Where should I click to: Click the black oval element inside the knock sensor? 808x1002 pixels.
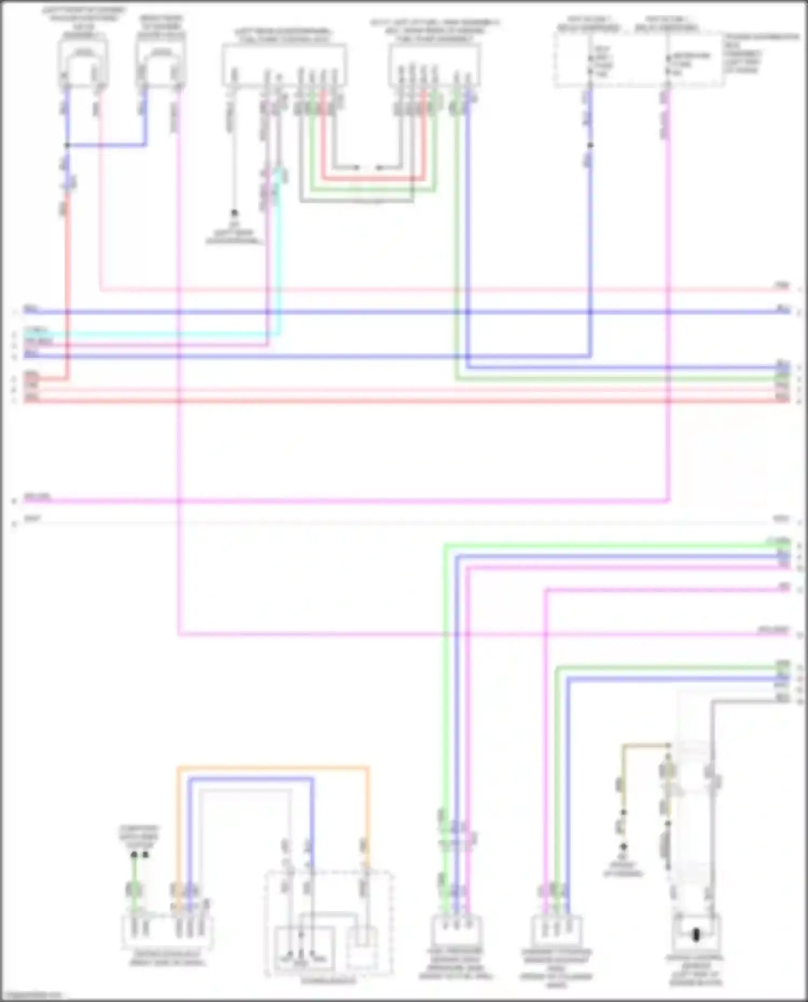(x=695, y=935)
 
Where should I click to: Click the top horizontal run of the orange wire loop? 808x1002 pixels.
(x=273, y=767)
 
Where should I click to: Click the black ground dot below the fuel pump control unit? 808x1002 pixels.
(x=234, y=213)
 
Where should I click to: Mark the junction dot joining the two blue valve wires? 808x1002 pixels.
(x=67, y=145)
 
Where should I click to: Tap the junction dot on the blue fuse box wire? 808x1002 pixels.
(x=590, y=145)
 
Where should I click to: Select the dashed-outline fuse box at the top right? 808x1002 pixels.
(x=638, y=59)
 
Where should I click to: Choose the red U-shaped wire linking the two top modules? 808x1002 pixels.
(x=373, y=178)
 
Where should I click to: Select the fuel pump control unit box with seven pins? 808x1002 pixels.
(x=284, y=65)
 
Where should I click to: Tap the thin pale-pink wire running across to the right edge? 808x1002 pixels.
(x=431, y=290)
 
